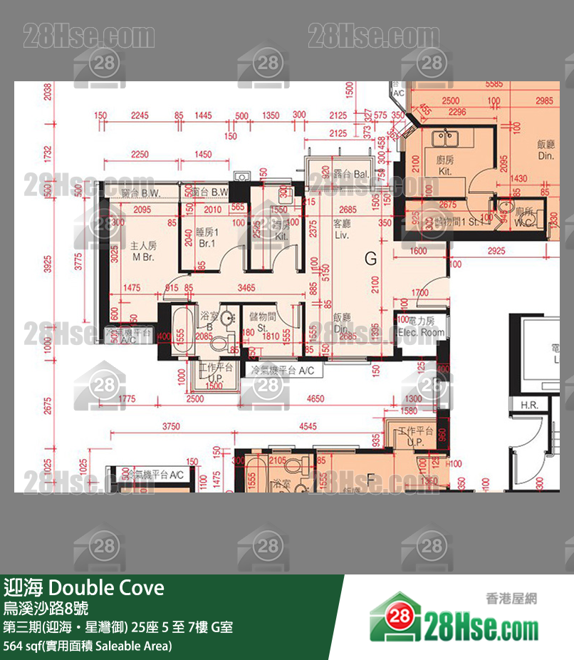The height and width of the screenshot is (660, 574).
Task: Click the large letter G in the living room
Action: (370, 259)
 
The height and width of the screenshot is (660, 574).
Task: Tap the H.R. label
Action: (529, 405)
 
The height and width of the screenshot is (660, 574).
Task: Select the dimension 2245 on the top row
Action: (140, 115)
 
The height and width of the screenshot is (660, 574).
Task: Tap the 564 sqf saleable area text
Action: (88, 646)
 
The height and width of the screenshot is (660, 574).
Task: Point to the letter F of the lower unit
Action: (370, 480)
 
